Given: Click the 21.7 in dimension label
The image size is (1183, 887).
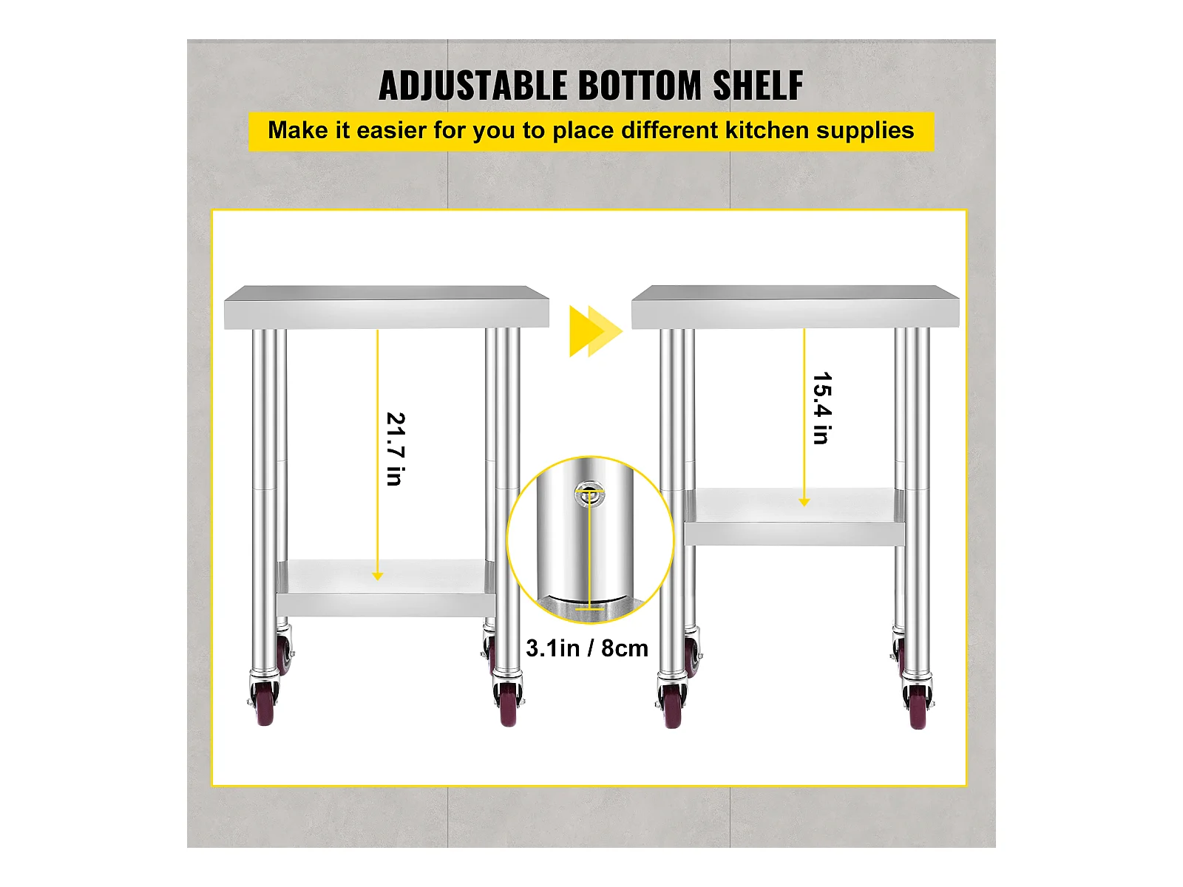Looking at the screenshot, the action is pyautogui.click(x=396, y=449).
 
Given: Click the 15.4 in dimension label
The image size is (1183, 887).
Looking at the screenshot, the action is pyautogui.click(x=822, y=408).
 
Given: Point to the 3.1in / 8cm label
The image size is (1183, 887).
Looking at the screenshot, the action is pyautogui.click(x=587, y=648).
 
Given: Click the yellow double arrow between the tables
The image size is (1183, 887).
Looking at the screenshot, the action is pyautogui.click(x=596, y=331).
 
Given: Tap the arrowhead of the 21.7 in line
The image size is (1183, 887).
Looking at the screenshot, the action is pyautogui.click(x=377, y=577).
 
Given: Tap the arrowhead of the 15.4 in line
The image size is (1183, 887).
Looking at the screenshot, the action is pyautogui.click(x=804, y=503).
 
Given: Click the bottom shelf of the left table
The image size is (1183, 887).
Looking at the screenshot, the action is pyautogui.click(x=386, y=588).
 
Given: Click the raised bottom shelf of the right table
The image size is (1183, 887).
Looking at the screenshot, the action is pyautogui.click(x=794, y=517).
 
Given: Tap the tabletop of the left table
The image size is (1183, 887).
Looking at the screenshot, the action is pyautogui.click(x=387, y=307).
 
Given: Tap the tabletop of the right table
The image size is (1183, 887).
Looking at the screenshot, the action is pyautogui.click(x=795, y=307).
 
